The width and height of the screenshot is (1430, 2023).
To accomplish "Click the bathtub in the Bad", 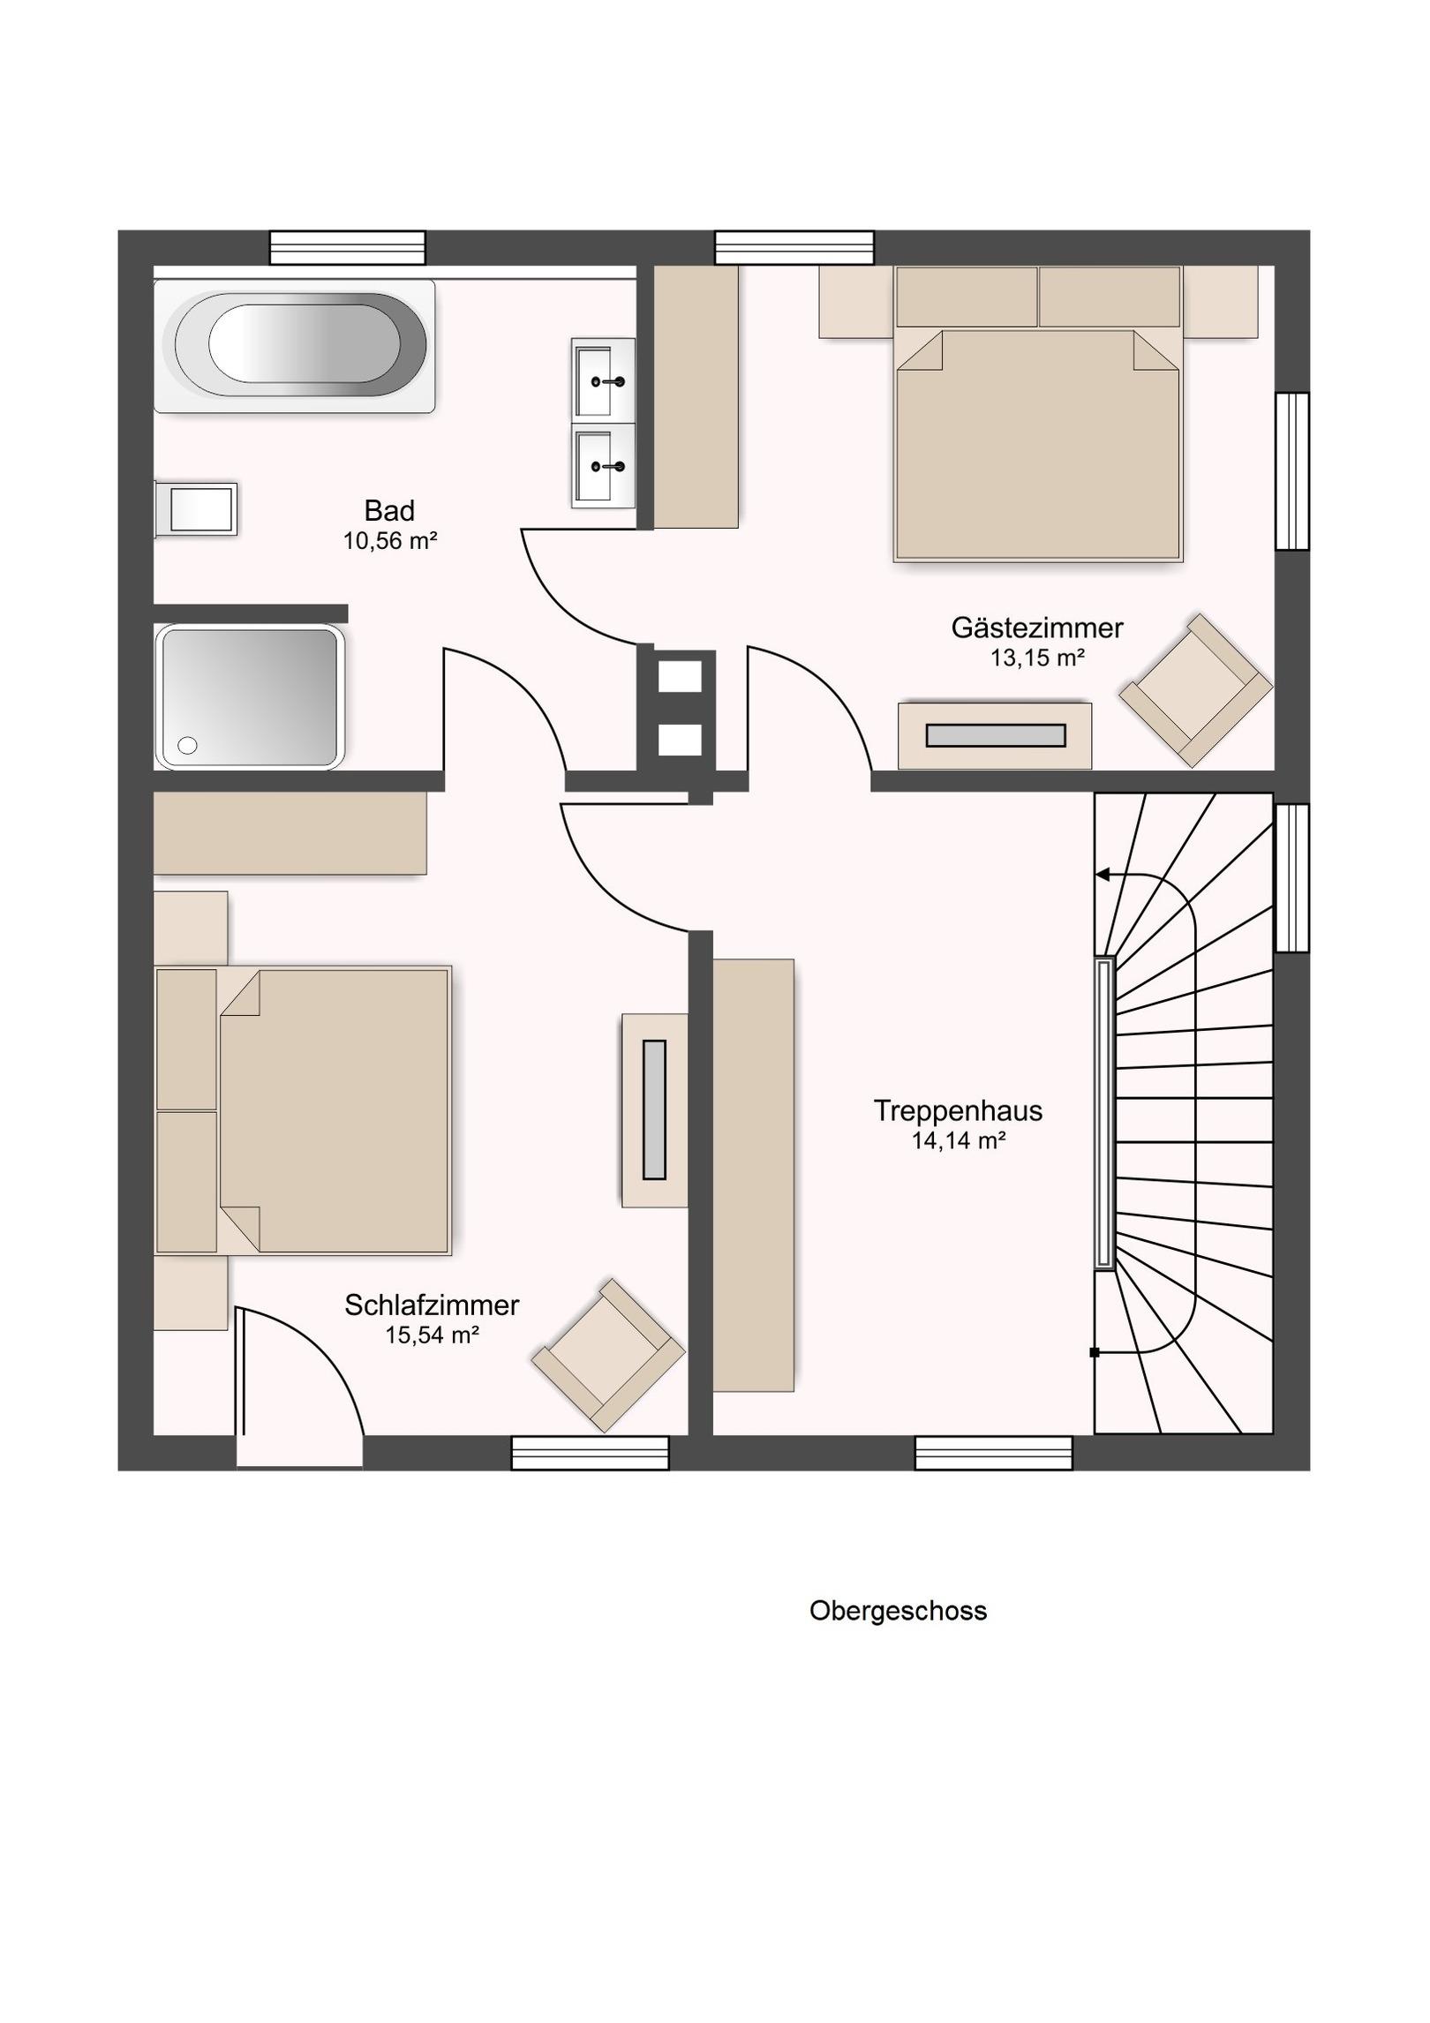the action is click(295, 346).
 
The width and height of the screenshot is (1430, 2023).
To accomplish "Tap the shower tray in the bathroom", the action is click(249, 696).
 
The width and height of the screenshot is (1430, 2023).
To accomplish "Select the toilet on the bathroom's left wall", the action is click(196, 509).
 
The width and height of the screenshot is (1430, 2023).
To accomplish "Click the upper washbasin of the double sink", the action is click(603, 380).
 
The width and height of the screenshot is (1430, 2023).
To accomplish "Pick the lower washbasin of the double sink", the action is click(603, 465).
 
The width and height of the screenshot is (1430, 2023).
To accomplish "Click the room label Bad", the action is click(389, 511).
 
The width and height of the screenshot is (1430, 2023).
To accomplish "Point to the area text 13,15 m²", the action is click(1037, 658).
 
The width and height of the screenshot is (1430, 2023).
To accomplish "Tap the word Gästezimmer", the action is click(1037, 628).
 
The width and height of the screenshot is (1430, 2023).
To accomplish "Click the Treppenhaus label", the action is click(959, 1111).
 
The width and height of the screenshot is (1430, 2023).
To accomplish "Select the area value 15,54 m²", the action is click(432, 1335).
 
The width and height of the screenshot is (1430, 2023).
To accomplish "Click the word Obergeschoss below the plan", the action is click(898, 1612).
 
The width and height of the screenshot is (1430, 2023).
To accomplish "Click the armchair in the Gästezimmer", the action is click(1196, 690).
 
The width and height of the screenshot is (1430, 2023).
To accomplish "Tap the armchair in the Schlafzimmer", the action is click(608, 1355).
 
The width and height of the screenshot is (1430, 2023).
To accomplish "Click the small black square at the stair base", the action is click(1095, 1352).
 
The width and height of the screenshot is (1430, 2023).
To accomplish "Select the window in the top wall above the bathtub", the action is click(348, 248).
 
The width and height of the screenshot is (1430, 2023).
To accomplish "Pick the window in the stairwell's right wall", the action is click(1292, 878).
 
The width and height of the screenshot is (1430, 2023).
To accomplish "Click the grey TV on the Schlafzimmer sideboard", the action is click(654, 1109).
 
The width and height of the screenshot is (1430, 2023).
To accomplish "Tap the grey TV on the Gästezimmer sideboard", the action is click(996, 735).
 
